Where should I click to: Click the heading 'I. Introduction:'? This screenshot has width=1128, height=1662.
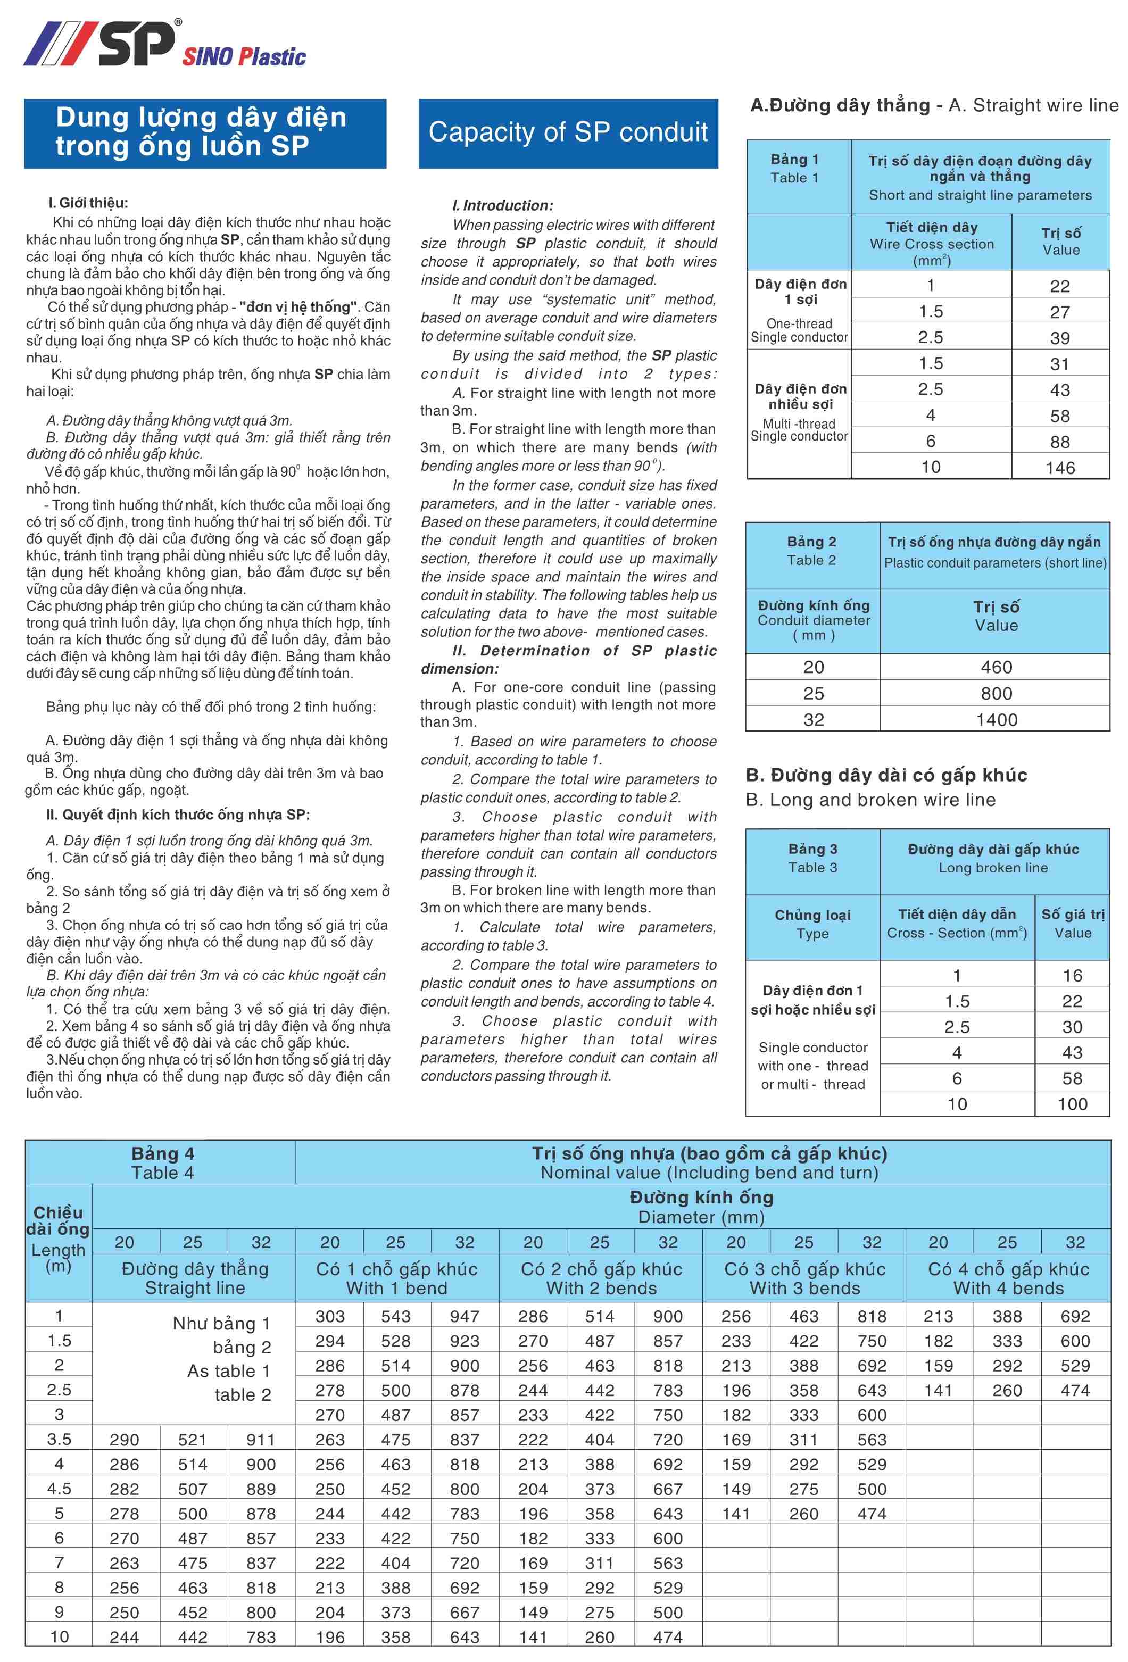(502, 206)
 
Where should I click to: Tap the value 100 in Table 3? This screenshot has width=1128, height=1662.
(1072, 1104)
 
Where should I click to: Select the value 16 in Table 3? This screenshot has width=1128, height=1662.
(1072, 976)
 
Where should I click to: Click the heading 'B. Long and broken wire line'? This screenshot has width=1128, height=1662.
(870, 800)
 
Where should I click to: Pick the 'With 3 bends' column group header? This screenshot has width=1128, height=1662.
(804, 1288)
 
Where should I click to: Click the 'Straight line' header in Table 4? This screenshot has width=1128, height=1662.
(195, 1288)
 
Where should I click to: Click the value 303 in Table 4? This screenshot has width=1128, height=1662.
(330, 1317)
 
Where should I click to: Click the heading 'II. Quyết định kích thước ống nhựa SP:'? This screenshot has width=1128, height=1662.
(177, 815)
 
